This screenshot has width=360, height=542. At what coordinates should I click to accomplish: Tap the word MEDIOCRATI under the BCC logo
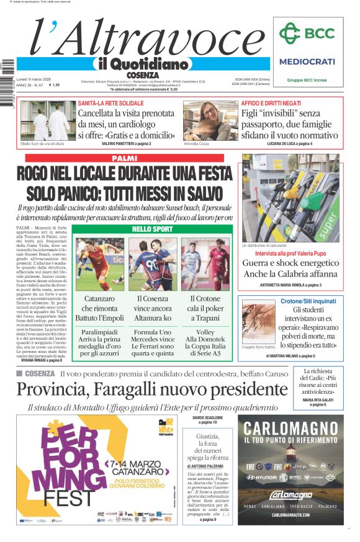(307, 61)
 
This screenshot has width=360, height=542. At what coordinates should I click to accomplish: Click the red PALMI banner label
(124, 159)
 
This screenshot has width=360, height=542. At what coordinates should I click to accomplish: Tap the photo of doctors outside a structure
(48, 121)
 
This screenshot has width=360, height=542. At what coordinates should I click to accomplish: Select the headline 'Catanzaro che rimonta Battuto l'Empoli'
(99, 308)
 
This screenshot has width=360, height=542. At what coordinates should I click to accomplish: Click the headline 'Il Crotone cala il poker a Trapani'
(205, 308)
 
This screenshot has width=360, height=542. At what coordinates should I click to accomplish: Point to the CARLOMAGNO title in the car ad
(290, 429)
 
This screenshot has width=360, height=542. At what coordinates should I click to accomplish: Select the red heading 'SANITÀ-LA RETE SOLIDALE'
(110, 103)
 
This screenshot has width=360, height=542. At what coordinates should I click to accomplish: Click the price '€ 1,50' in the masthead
(55, 86)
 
